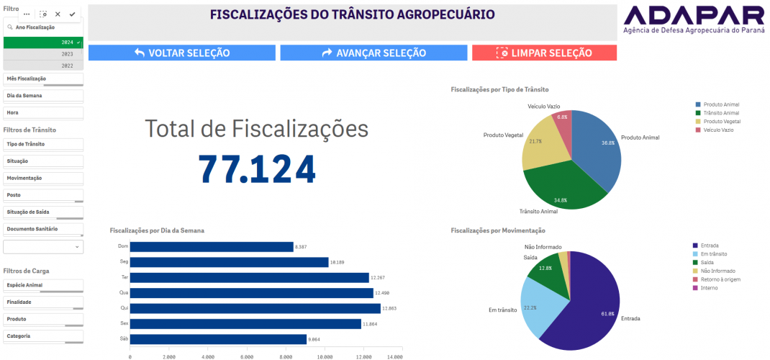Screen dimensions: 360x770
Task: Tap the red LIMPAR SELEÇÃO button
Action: tap(544, 53)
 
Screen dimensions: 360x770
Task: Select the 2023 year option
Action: tap(43, 54)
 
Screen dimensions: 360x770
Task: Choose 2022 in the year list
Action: tap(43, 66)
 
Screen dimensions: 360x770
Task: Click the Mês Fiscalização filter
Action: tap(43, 78)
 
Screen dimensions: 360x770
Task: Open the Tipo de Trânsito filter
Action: tap(43, 144)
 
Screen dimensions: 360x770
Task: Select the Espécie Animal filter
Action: tap(43, 285)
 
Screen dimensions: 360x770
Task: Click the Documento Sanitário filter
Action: tap(43, 229)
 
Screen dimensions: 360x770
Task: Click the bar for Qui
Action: tap(255, 308)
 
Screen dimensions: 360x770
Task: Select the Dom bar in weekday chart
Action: tap(212, 247)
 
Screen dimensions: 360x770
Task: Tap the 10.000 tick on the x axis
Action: tap(325, 356)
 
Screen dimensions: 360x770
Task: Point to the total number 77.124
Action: tap(257, 168)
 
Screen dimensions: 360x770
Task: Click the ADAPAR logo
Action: tap(694, 20)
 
